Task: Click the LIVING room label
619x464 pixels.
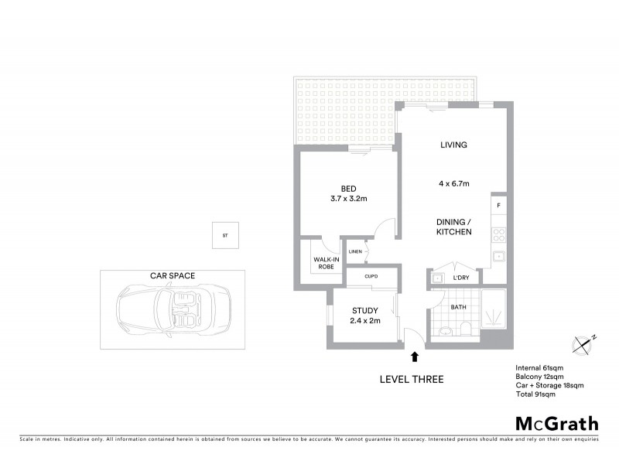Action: [453, 145]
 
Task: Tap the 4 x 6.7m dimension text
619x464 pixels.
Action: [453, 183]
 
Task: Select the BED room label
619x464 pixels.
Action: [347, 188]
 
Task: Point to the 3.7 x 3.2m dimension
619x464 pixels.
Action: [347, 199]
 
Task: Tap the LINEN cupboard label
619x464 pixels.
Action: [355, 252]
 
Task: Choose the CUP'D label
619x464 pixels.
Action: [371, 276]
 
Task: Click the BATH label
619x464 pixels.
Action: [460, 307]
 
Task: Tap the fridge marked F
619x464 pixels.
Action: [499, 206]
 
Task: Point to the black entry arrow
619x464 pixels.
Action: [415, 357]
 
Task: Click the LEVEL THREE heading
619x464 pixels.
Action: [411, 379]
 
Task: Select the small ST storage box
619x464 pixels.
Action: [226, 235]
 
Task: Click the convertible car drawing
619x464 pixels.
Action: [174, 312]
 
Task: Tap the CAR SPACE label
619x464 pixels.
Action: [173, 275]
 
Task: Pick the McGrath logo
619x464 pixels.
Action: [556, 423]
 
